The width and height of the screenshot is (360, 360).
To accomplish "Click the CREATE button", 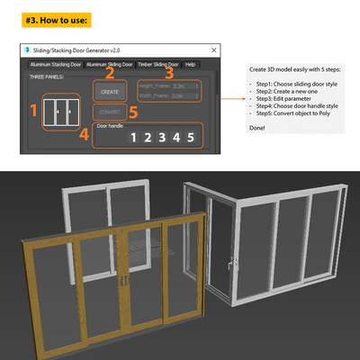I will tap(109, 92).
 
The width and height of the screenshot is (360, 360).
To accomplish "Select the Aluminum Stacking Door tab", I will tap(55, 65).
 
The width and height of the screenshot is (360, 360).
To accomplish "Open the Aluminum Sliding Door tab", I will tap(110, 65).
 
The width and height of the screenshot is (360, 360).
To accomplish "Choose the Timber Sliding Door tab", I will tap(157, 65).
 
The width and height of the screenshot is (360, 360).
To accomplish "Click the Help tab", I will tap(190, 65).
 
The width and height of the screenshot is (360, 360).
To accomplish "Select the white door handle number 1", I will tap(132, 138).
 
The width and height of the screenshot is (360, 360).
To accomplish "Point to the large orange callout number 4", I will tap(84, 136).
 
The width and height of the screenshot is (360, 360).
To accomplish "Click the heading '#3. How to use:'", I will tap(57, 18).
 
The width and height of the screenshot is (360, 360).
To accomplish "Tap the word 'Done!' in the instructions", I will tap(256, 129).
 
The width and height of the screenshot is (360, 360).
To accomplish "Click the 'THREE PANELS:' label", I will tap(47, 77).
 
